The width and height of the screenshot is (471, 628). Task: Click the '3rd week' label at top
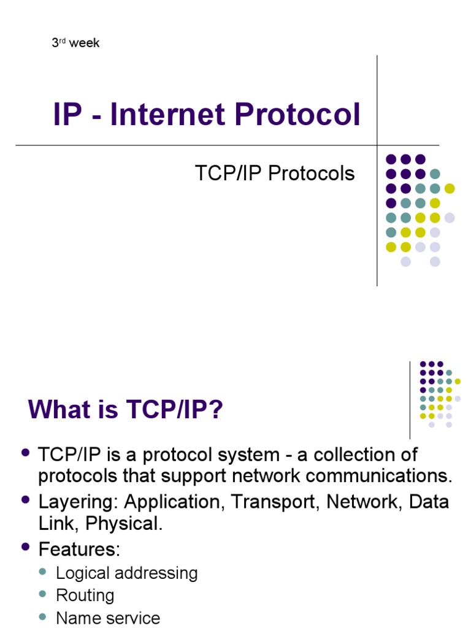[x=75, y=44]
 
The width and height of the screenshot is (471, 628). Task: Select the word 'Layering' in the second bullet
[x=78, y=502]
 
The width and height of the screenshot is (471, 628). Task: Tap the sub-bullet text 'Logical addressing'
[x=127, y=573]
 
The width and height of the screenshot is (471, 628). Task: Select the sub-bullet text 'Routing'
[x=85, y=595]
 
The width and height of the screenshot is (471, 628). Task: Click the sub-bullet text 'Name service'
[x=108, y=618]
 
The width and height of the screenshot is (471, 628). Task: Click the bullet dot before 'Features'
[x=26, y=545]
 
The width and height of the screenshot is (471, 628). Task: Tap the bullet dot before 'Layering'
[x=26, y=500]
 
